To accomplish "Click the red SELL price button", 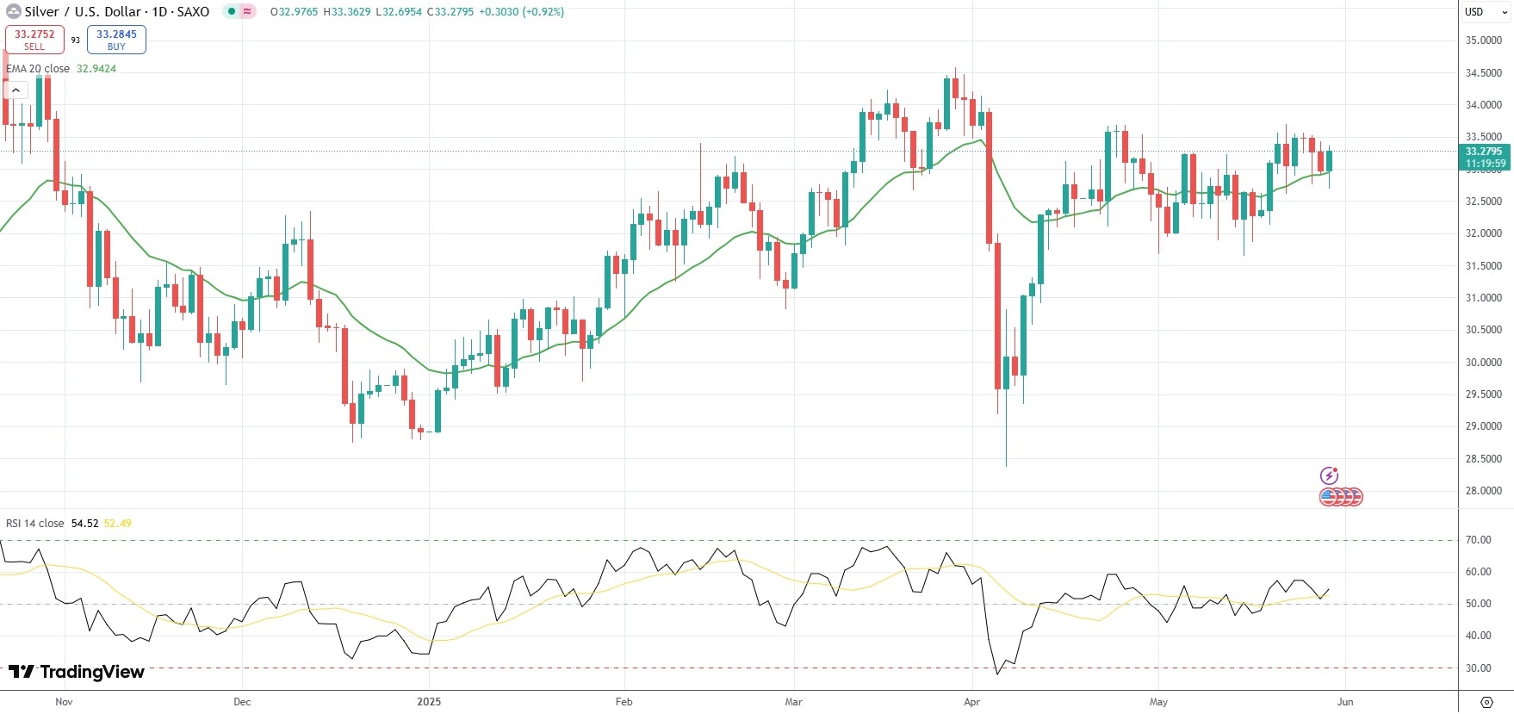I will [x=34, y=40].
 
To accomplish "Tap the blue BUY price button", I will [x=116, y=40].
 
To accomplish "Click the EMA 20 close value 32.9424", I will [x=96, y=69].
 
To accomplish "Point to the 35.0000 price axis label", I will [x=1483, y=40].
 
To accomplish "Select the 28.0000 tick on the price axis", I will [x=1483, y=491].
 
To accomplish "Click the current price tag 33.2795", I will [x=1485, y=152].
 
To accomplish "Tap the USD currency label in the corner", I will [x=1474, y=12].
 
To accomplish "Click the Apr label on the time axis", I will [x=971, y=702].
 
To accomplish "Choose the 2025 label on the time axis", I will [x=429, y=702].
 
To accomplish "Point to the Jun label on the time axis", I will [x=1345, y=702].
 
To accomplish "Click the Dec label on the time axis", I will [x=242, y=702].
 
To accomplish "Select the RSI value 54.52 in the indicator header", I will [x=84, y=524].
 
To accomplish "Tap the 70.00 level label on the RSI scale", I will [x=1479, y=540].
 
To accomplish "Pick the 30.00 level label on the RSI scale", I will [x=1479, y=668].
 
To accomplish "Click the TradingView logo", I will [x=77, y=672].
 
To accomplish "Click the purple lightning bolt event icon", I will [x=1329, y=475].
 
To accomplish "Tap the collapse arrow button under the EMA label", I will [x=16, y=90].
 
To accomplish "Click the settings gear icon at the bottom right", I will [x=1486, y=702].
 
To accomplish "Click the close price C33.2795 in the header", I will [x=450, y=12].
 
